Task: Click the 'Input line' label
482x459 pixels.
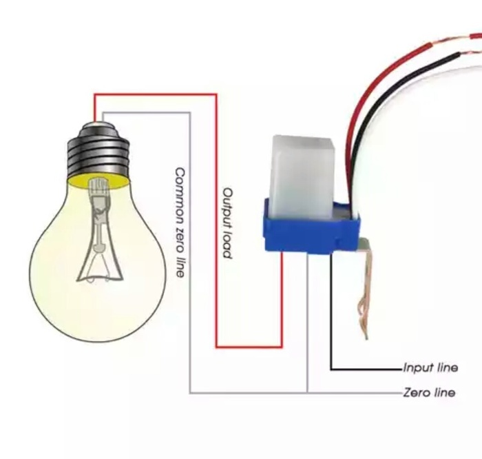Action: [x=430, y=367]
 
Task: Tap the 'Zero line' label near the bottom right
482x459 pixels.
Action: [x=429, y=392]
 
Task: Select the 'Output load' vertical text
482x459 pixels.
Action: [x=227, y=223]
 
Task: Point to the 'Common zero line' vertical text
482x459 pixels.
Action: [x=180, y=222]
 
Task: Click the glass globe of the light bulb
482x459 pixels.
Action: [x=62, y=276]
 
